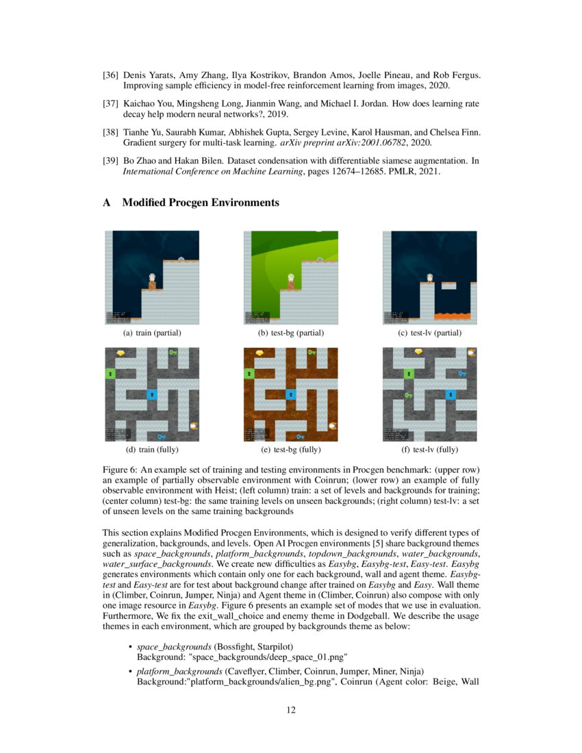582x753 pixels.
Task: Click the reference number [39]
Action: point(110,161)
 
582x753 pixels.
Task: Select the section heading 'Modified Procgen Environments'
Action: point(200,203)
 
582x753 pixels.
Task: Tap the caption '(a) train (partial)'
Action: point(151,333)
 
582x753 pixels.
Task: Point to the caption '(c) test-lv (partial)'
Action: point(429,333)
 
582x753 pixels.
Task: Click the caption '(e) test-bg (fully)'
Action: point(290,450)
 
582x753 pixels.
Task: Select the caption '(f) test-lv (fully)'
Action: point(429,450)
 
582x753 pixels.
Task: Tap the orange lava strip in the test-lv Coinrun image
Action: point(453,316)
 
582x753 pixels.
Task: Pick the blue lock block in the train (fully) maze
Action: point(151,394)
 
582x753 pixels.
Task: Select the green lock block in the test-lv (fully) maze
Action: point(409,374)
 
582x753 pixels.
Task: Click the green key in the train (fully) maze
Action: point(173,353)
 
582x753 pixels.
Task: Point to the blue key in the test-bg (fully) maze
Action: point(300,436)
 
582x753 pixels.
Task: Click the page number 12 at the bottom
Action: point(291,710)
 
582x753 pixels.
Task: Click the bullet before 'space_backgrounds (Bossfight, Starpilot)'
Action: point(130,646)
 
